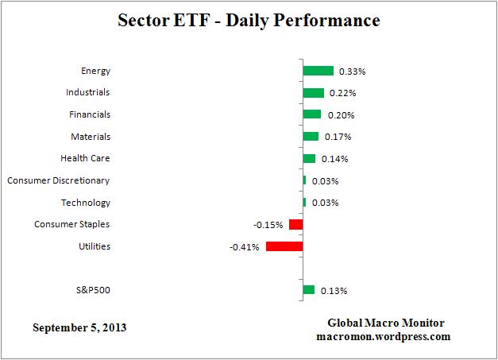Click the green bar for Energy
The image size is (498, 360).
pyautogui.click(x=318, y=71)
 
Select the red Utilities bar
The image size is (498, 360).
pyautogui.click(x=284, y=246)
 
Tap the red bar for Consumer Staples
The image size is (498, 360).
pyautogui.click(x=295, y=225)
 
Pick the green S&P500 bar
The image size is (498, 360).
pyautogui.click(x=308, y=290)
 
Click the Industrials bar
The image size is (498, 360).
pyautogui.click(x=313, y=93)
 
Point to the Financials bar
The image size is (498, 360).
pyautogui.click(x=311, y=114)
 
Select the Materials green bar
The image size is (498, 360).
pyautogui.click(x=311, y=137)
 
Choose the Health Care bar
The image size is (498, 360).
pyautogui.click(x=309, y=159)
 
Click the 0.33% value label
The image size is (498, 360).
pyautogui.click(x=352, y=72)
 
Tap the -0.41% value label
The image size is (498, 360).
pyautogui.click(x=243, y=247)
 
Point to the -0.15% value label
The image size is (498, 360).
pyautogui.click(x=268, y=225)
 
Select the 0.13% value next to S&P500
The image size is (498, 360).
pyautogui.click(x=334, y=291)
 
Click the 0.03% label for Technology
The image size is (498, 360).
pyautogui.click(x=325, y=203)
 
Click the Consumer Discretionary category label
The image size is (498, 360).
pyautogui.click(x=58, y=180)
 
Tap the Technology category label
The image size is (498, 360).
pyautogui.click(x=86, y=203)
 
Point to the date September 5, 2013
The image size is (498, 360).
pyautogui.click(x=79, y=327)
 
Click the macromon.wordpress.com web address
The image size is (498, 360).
pyautogui.click(x=382, y=336)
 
